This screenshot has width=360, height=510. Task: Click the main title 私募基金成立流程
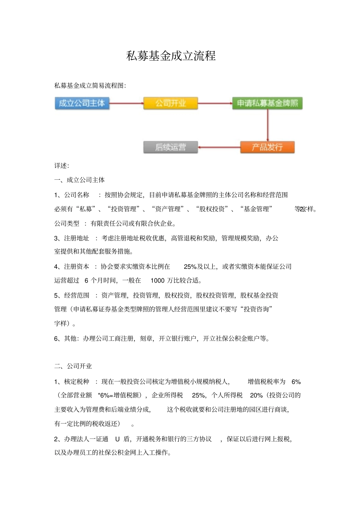171,56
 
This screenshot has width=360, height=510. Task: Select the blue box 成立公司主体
82,103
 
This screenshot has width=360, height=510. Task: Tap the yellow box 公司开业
171,103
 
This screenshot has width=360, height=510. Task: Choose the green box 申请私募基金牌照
267,103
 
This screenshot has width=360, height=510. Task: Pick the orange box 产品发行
267,147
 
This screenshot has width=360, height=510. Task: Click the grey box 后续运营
171,147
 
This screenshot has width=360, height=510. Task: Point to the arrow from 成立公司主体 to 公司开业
126,103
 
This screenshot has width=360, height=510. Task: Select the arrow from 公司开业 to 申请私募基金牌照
215,103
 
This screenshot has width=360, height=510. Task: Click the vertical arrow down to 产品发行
268,126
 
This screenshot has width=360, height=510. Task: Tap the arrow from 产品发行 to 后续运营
219,147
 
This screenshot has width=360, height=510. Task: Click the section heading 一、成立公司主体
80,180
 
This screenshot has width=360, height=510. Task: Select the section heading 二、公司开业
73,366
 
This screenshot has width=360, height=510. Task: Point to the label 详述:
62,166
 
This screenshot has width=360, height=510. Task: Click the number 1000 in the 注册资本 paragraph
157,281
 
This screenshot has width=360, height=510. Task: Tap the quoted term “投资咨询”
258,309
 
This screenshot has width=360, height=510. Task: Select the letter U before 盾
117,439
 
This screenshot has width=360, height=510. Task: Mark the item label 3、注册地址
72,238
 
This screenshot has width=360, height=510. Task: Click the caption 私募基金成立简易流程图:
90,86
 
